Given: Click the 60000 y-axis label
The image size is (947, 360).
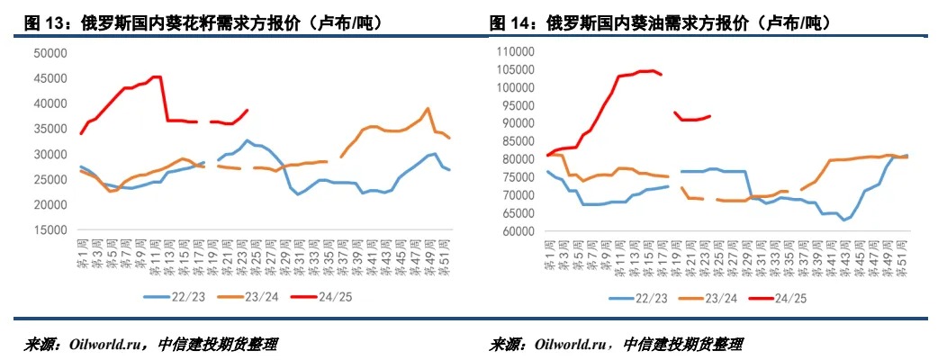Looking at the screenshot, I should (519, 230).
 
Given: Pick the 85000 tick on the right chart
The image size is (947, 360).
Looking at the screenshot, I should (519, 141).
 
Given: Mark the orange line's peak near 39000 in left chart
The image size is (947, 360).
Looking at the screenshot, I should (428, 109).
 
